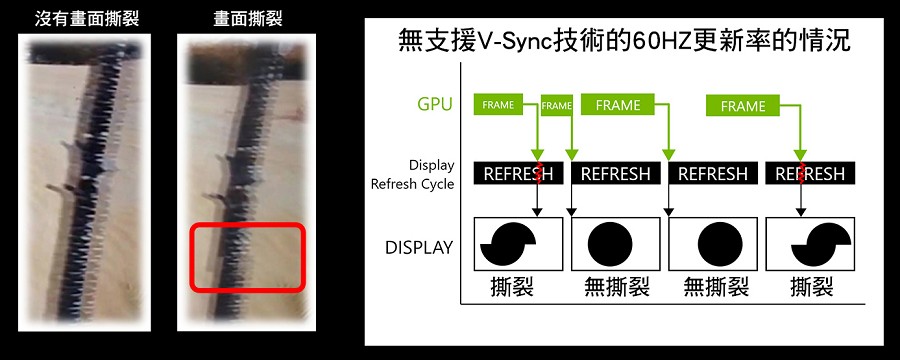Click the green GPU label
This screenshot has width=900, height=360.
(x=436, y=104)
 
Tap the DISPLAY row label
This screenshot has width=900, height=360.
(x=419, y=247)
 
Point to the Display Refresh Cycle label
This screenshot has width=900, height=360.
(x=412, y=175)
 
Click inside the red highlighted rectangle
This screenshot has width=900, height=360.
(x=247, y=257)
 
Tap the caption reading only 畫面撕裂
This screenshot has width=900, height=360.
(x=247, y=19)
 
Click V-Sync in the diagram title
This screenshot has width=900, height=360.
(x=510, y=43)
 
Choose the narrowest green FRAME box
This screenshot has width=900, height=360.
(x=557, y=105)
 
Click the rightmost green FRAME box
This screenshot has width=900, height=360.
(x=743, y=106)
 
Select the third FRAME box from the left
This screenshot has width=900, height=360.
(x=618, y=105)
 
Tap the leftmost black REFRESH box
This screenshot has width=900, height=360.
(x=518, y=173)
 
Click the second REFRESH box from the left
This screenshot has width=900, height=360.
(x=616, y=173)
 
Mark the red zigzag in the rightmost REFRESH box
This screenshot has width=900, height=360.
(x=801, y=173)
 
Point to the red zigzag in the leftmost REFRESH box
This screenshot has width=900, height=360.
(x=538, y=173)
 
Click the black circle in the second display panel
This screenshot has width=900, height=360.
(x=610, y=244)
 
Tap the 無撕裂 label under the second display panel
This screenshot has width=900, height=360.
(x=616, y=286)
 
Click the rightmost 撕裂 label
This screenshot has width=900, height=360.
(x=812, y=286)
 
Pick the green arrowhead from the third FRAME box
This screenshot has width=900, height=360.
(x=668, y=154)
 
